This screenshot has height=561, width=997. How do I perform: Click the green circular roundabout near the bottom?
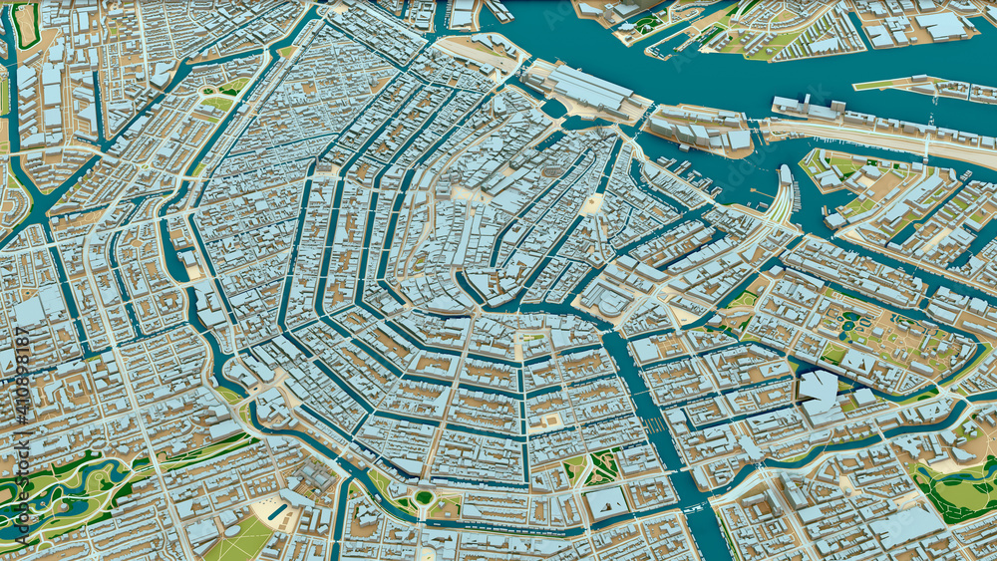424,496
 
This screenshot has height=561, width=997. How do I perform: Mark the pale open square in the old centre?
593,203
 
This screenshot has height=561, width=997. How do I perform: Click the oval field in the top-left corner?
25,25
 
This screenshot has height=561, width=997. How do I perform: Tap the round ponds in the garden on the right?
852,319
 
